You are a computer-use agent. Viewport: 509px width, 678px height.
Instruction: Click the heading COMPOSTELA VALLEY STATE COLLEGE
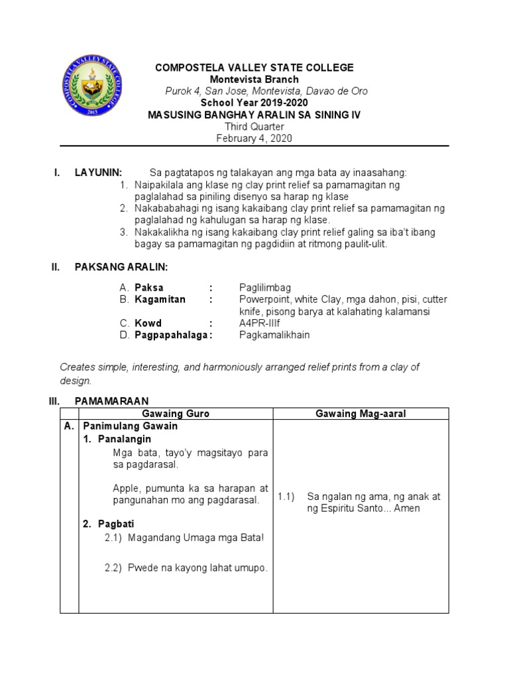tap(254, 68)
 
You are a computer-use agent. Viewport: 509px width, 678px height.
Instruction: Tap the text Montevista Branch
tap(254, 79)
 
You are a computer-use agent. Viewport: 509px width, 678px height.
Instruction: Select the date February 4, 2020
tap(254, 138)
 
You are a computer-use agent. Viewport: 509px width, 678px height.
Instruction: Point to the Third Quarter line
tap(254, 126)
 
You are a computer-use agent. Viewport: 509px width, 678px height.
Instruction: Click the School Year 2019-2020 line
tap(254, 103)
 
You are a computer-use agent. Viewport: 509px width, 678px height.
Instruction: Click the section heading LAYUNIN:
tap(98, 173)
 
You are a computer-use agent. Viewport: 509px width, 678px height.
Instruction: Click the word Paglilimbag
tap(264, 287)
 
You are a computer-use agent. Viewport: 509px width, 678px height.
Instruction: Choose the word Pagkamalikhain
tap(274, 335)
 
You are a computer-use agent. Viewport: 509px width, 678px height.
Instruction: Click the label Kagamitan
tap(160, 299)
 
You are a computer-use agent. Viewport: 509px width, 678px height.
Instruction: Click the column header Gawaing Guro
tap(176, 413)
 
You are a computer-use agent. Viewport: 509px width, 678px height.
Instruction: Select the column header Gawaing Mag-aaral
tap(361, 413)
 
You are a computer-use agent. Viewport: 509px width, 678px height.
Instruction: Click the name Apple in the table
tap(126, 488)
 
